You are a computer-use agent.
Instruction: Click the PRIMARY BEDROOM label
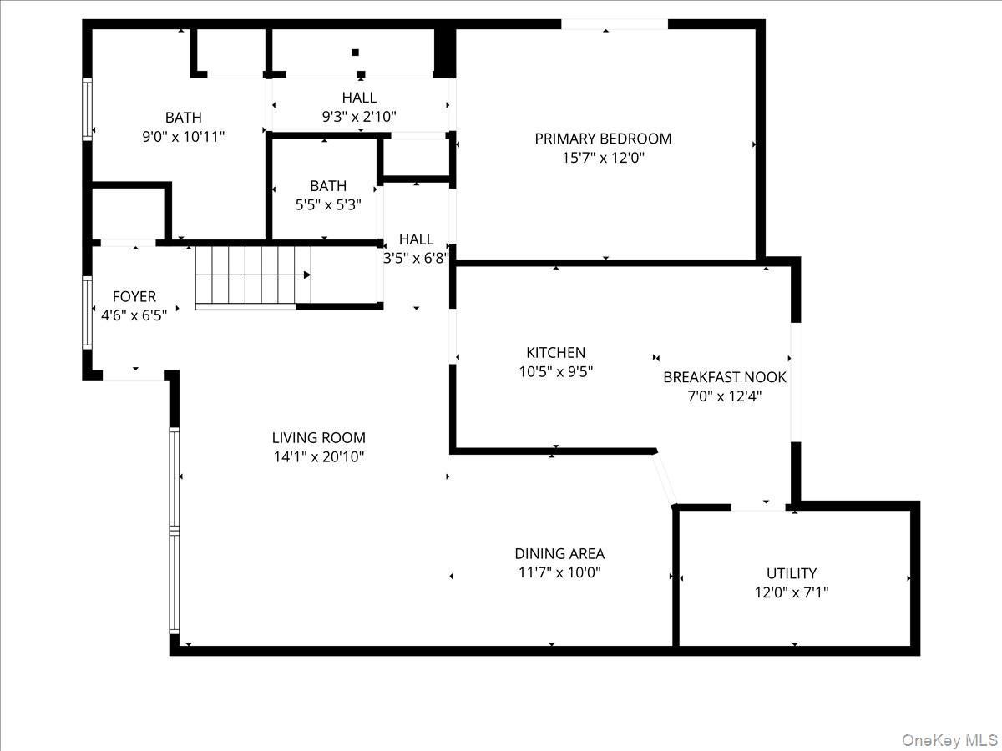(x=603, y=139)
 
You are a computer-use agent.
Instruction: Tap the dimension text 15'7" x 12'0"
(x=603, y=158)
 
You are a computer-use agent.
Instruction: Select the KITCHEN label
(x=555, y=353)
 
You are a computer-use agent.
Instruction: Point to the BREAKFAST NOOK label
(x=724, y=377)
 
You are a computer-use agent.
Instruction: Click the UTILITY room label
(x=791, y=573)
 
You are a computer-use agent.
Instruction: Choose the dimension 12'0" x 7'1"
(x=791, y=592)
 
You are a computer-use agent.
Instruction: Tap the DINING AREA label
(x=559, y=553)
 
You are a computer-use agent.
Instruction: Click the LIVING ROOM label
(x=318, y=437)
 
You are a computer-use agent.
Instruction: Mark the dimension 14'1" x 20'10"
(x=318, y=456)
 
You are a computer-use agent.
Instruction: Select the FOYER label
(x=134, y=297)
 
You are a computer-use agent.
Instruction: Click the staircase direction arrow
(x=307, y=275)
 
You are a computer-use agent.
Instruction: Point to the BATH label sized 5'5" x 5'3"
(x=327, y=186)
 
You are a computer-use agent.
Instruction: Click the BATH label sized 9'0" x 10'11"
(x=183, y=118)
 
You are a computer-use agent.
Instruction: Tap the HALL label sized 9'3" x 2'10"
(x=359, y=98)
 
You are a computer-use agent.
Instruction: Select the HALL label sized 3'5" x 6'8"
(x=416, y=239)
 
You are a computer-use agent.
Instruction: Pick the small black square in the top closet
(x=355, y=53)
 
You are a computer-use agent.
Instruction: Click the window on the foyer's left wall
(x=87, y=312)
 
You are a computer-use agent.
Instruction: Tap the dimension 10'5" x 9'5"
(x=555, y=372)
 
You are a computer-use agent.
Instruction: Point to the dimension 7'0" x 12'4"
(x=724, y=396)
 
